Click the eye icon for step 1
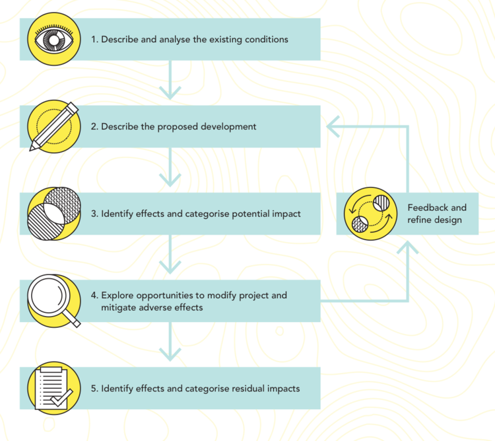point(54,39)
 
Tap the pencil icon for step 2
point(54,126)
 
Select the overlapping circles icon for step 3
point(54,214)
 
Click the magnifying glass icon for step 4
point(54,301)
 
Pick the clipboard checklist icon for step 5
point(54,388)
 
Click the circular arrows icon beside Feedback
point(371,214)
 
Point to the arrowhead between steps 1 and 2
point(170,93)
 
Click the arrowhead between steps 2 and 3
point(170,180)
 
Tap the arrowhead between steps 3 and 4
point(170,267)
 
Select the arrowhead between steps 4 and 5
point(170,354)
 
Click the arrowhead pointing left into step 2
point(333,126)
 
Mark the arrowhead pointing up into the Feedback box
point(408,247)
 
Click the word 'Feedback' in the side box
point(428,208)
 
